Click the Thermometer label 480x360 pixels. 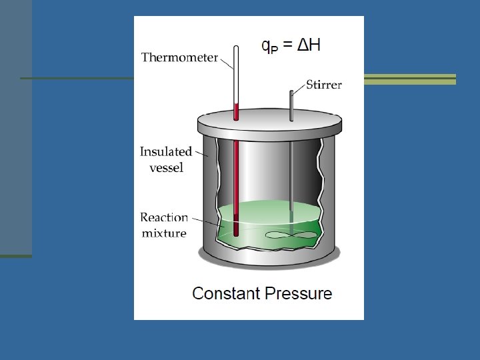point(179,57)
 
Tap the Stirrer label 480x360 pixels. point(324,85)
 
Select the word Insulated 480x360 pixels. point(165,152)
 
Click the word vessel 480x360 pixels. point(166,167)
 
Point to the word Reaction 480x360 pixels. point(164,218)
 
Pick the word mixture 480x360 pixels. point(164,233)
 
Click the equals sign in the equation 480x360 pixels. point(287,45)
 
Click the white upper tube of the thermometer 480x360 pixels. point(235,73)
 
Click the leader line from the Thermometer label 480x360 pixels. point(226,63)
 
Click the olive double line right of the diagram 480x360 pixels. point(409,79)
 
